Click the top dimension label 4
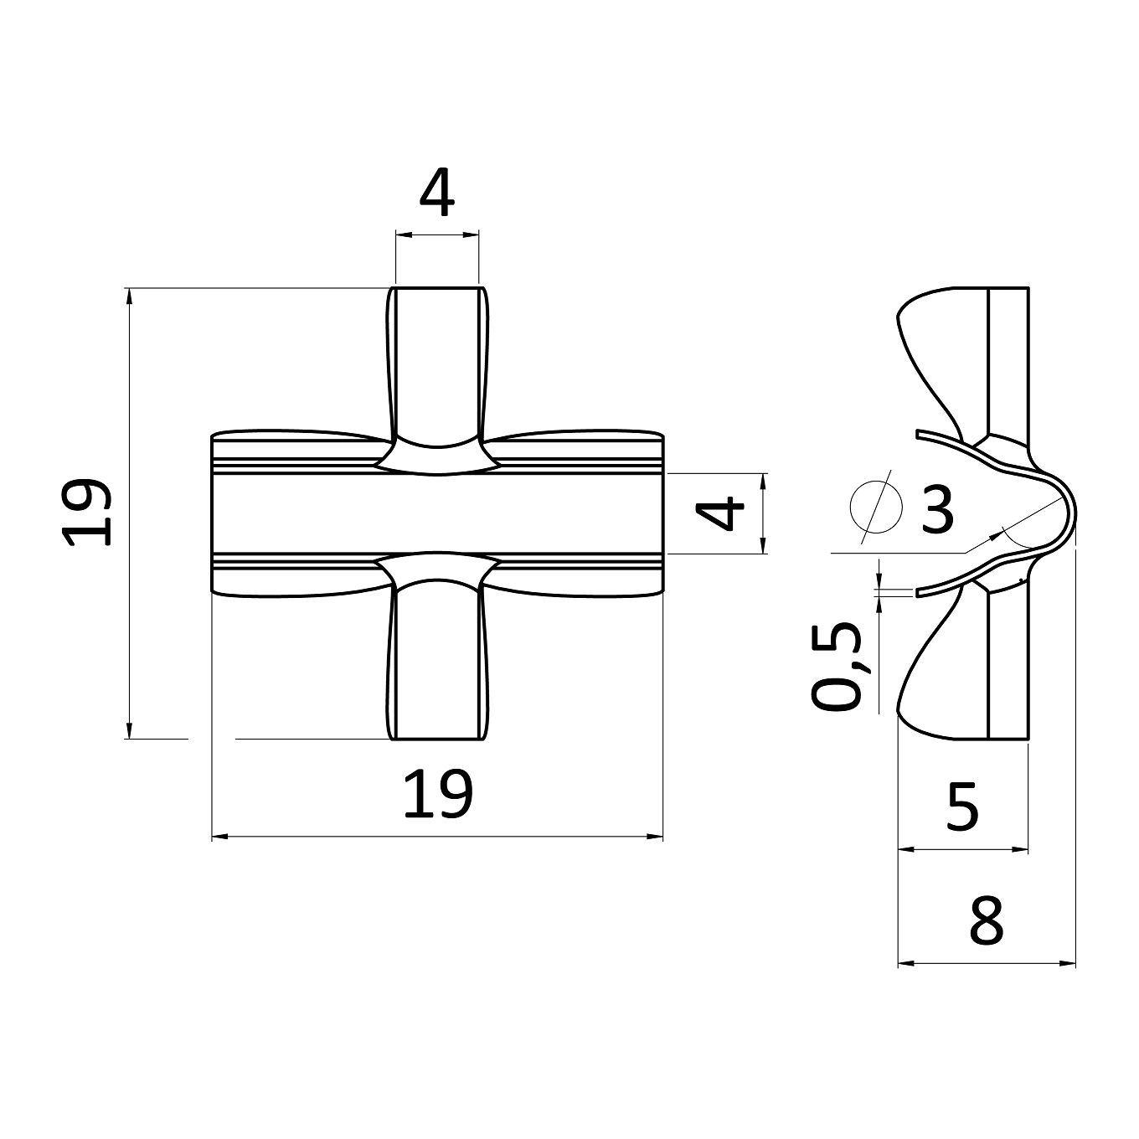click(x=437, y=193)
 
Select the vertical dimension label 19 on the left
click(x=87, y=512)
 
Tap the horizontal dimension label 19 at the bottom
click(x=438, y=794)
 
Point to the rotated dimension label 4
click(x=720, y=513)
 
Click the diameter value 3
click(x=937, y=509)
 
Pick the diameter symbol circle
click(x=876, y=507)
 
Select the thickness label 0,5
click(x=837, y=666)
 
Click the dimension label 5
click(x=963, y=807)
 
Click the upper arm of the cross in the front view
click(x=437, y=363)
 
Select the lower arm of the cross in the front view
click(x=437, y=662)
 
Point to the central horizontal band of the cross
click(x=437, y=513)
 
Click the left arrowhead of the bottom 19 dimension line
click(x=219, y=837)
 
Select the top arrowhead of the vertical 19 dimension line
click(x=130, y=296)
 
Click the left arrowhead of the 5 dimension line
click(x=906, y=849)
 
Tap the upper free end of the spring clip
click(x=918, y=435)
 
